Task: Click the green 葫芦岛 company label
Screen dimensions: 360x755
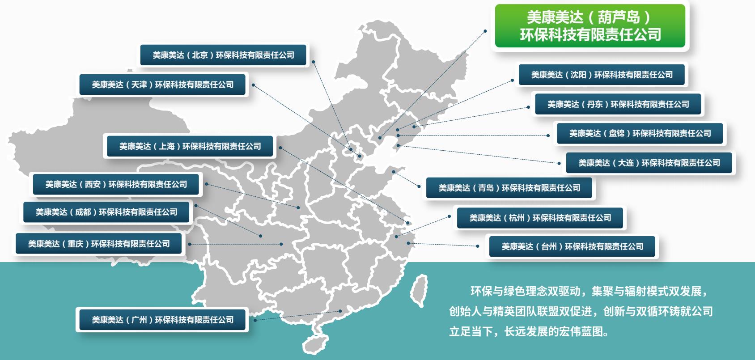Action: click(x=590, y=26)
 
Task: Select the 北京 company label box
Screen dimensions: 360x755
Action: click(x=224, y=55)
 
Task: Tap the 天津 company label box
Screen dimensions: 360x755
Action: click(x=163, y=85)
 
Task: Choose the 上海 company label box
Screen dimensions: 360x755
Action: click(x=190, y=146)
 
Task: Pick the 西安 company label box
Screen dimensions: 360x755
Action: click(x=116, y=184)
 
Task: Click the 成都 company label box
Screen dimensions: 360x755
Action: click(x=107, y=212)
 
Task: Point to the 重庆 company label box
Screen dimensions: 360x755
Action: click(x=99, y=244)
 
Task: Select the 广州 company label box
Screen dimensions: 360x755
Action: click(x=163, y=320)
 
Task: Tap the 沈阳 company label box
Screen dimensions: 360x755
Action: click(x=602, y=75)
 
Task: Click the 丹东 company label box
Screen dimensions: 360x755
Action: click(x=618, y=104)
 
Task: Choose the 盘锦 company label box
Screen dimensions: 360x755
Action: click(x=640, y=133)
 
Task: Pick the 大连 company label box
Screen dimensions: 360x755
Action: click(x=649, y=163)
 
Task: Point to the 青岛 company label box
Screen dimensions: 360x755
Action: click(x=509, y=188)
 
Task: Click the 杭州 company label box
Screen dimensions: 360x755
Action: click(x=540, y=218)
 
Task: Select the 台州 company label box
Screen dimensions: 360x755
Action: click(x=573, y=246)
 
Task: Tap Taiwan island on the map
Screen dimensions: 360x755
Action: click(x=419, y=290)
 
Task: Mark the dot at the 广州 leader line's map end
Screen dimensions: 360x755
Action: click(x=340, y=311)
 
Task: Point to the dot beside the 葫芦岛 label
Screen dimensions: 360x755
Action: click(x=485, y=31)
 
